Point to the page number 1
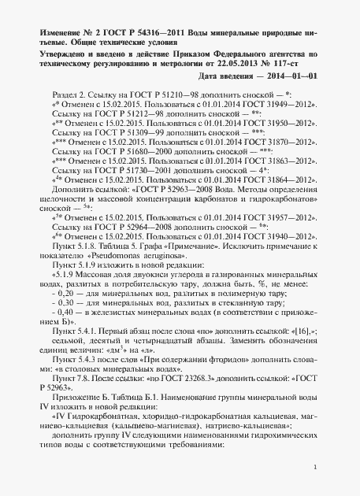tap(314, 467)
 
